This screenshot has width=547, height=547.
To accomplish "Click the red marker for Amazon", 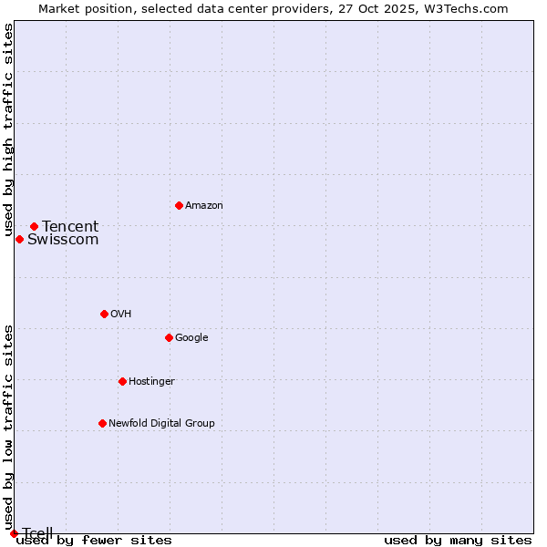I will [179, 205].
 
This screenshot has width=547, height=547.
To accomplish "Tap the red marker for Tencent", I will [34, 226].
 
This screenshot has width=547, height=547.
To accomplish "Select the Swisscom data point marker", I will [19, 239].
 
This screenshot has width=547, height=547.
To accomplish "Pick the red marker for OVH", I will [104, 314].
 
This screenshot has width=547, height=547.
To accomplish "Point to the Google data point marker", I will [169, 337].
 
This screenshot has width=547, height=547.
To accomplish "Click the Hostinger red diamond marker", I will [122, 381].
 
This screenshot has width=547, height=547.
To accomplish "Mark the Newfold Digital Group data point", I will [102, 423].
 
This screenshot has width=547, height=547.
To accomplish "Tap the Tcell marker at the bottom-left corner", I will [14, 533].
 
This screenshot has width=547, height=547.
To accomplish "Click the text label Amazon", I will [204, 205].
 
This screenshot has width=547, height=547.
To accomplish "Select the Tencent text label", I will [70, 226].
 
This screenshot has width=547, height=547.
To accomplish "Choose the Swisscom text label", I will [63, 240].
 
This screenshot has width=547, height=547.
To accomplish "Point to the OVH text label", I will [121, 314].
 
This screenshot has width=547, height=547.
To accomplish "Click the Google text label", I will [191, 337].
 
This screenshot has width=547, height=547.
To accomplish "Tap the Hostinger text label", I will [151, 381].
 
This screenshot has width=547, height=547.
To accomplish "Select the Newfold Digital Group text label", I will [161, 423].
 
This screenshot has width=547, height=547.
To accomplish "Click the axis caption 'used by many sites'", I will [458, 540].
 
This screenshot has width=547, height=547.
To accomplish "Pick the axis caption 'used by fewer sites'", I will [94, 540].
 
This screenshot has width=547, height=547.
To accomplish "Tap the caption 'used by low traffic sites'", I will [9, 427].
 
